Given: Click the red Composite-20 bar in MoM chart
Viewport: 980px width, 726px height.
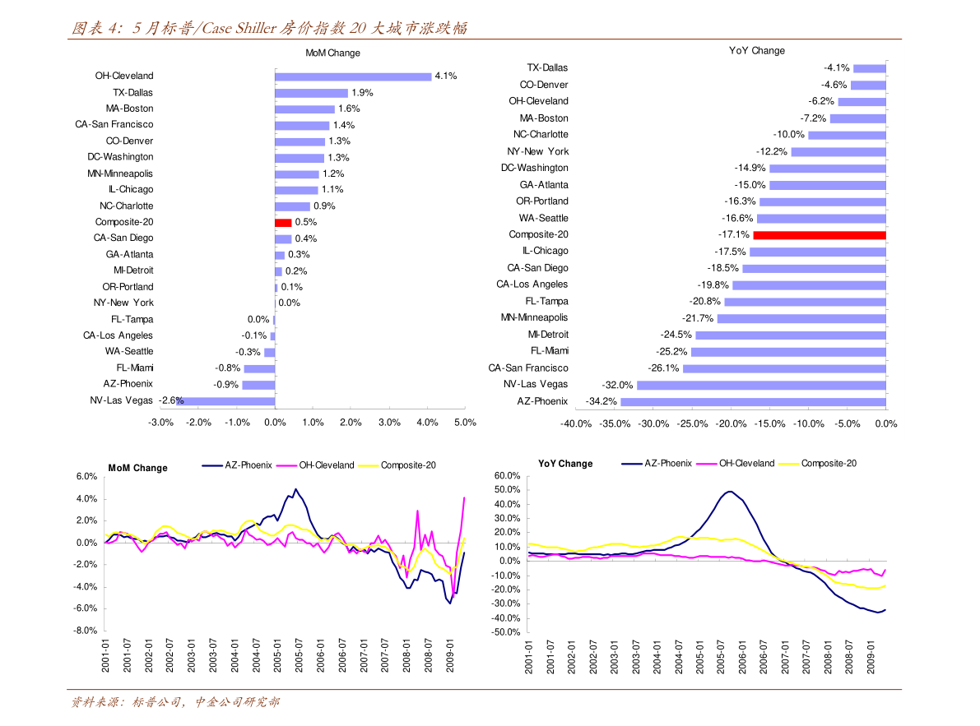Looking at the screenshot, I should [x=283, y=222].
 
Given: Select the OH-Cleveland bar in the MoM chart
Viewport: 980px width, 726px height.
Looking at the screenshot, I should [x=353, y=76].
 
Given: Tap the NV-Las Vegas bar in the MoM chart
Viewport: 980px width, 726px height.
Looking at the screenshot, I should [x=225, y=400].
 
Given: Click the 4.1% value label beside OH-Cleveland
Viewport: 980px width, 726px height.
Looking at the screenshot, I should [x=446, y=76].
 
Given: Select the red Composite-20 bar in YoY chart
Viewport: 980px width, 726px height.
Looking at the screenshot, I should [x=820, y=235].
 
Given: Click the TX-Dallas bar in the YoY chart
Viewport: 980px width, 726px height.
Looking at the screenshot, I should [x=870, y=68].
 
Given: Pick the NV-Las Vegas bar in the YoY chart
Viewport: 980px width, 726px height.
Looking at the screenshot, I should [x=761, y=385].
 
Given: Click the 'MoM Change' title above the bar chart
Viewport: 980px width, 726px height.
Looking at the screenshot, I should [x=332, y=53].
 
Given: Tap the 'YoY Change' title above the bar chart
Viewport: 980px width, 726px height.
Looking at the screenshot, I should [x=757, y=51].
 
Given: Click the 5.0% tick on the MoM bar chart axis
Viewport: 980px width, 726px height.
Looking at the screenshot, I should [x=465, y=423].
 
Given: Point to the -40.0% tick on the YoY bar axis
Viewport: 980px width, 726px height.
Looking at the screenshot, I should [x=576, y=423].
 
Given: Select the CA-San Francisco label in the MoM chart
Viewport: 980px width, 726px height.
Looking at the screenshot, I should [x=114, y=125].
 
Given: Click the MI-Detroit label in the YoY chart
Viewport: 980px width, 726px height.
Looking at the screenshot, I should [x=548, y=335].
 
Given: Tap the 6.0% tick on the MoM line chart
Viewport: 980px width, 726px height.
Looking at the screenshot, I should [x=86, y=477].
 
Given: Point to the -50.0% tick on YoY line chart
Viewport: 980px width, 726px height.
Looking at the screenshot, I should [x=506, y=632].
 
